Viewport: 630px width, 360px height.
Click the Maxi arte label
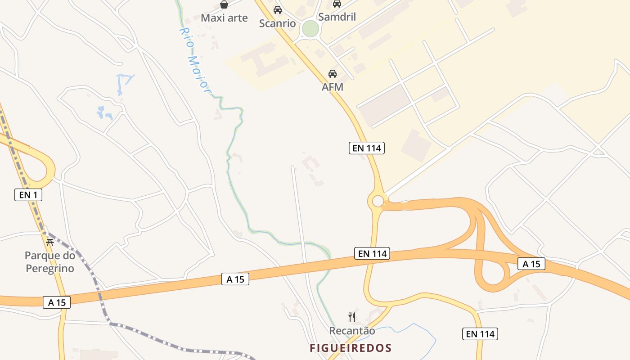pyautogui.click(x=224, y=18)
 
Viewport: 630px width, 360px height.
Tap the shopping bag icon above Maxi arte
pyautogui.click(x=224, y=4)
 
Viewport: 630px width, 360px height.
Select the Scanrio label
pyautogui.click(x=277, y=23)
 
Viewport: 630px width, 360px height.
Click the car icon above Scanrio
pyautogui.click(x=277, y=9)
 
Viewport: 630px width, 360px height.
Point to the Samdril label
pyautogui.click(x=337, y=17)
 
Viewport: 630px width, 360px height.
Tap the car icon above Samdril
pyautogui.click(x=337, y=4)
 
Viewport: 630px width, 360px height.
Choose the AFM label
pyautogui.click(x=333, y=87)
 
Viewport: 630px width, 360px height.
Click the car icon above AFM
pyautogui.click(x=333, y=73)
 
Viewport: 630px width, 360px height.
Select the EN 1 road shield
pyautogui.click(x=28, y=195)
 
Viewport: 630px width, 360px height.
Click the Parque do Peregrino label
pyautogui.click(x=49, y=262)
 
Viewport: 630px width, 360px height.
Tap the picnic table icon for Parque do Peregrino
pyautogui.click(x=49, y=242)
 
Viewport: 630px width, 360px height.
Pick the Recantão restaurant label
pyautogui.click(x=352, y=331)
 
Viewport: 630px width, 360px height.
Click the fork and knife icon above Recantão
pyautogui.click(x=352, y=317)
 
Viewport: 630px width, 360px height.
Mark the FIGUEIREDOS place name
pyautogui.click(x=351, y=348)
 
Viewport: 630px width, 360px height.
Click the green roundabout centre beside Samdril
pyautogui.click(x=310, y=29)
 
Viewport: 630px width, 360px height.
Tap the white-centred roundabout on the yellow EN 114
pyautogui.click(x=378, y=201)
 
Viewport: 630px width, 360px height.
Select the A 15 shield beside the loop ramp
pyautogui.click(x=531, y=264)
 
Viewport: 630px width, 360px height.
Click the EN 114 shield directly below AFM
pyautogui.click(x=367, y=148)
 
